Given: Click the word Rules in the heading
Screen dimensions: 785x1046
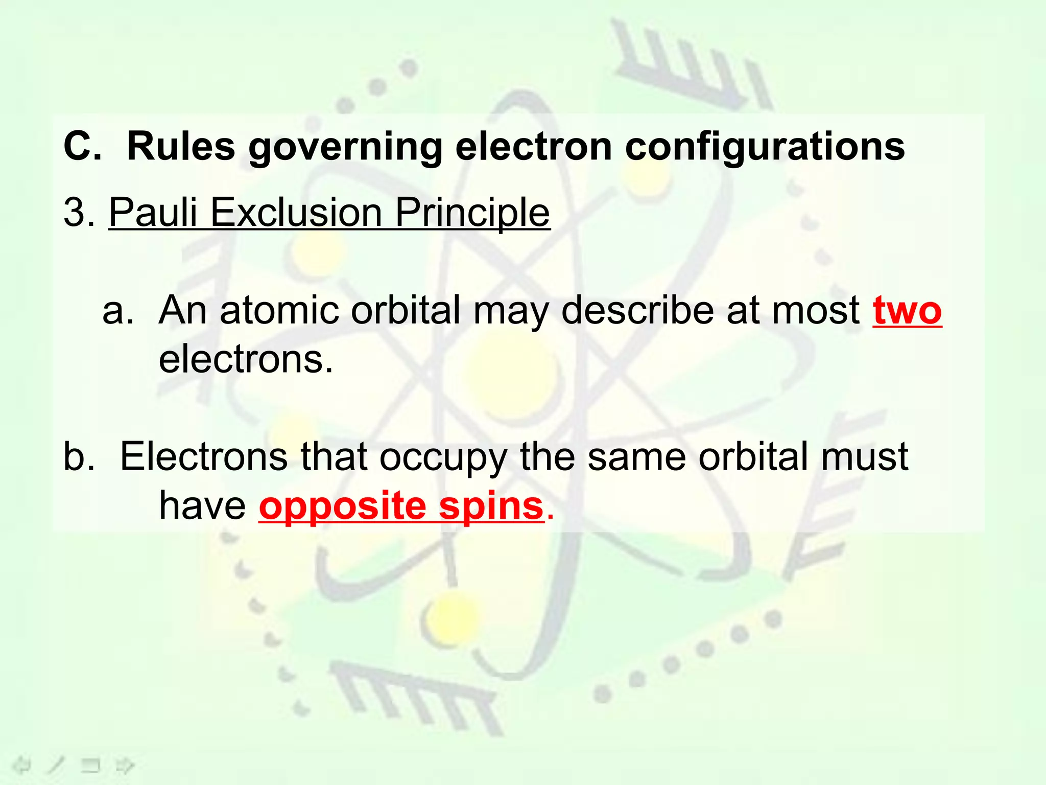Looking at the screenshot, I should coord(181,147).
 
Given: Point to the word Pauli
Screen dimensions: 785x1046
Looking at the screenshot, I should coord(153,212).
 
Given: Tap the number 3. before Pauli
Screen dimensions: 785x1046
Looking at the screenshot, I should coord(79,212).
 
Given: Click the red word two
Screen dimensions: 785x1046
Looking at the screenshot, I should coord(907,310).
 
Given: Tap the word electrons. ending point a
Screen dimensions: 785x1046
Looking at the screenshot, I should coord(246,359).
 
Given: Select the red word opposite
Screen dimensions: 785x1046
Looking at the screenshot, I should coord(343,507).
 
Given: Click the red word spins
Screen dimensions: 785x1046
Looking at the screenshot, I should coord(491,507).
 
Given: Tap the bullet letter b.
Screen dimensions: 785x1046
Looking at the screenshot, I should coord(79,457).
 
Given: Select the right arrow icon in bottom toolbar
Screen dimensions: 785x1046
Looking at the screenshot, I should coord(125,766).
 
